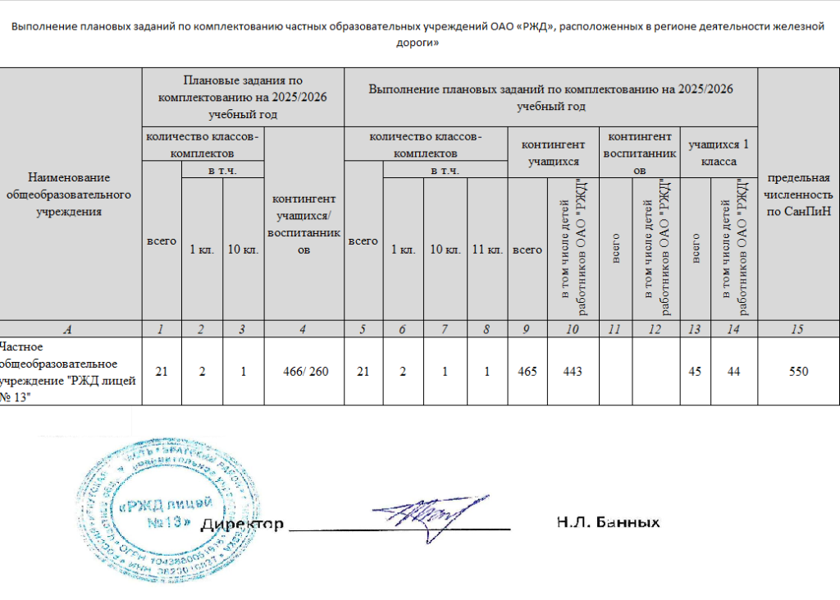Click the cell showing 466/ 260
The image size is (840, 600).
(304, 372)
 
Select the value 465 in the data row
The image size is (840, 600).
(527, 372)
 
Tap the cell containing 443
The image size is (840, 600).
(573, 372)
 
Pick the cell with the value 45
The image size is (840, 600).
(696, 372)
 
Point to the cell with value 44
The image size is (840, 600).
(733, 372)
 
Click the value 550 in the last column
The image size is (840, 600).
(797, 372)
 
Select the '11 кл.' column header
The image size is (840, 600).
(488, 250)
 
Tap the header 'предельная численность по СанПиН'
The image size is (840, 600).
(797, 195)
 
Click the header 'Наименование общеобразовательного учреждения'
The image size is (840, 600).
(70, 195)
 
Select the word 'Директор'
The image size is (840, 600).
(243, 524)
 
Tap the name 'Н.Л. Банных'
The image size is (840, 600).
(608, 522)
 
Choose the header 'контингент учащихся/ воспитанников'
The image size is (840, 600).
(304, 223)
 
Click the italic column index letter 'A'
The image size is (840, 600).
(70, 329)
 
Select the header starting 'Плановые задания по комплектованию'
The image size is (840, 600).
(243, 97)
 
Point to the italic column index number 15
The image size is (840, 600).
(797, 329)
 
